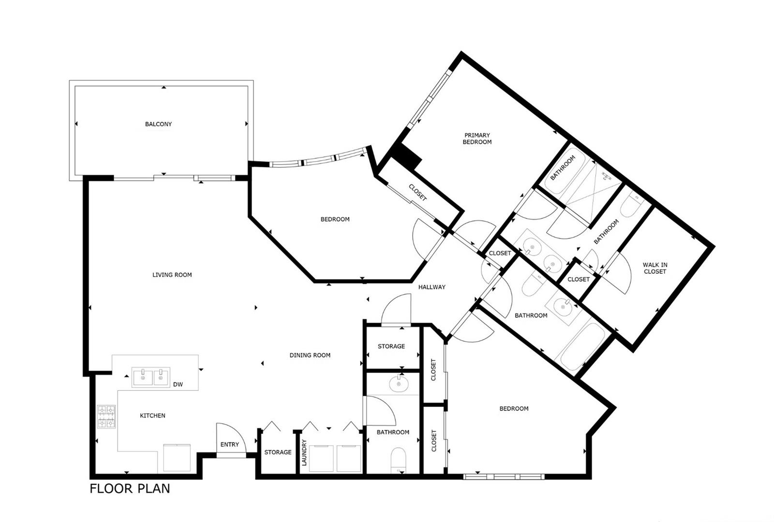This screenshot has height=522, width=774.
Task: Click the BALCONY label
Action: tap(158, 124)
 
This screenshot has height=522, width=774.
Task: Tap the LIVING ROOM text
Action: tap(172, 275)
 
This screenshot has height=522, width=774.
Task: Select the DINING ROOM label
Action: tap(310, 355)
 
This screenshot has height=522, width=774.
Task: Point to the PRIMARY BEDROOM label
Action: tap(477, 138)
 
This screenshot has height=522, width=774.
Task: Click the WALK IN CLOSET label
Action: tap(655, 268)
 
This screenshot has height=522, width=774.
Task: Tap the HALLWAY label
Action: tap(432, 287)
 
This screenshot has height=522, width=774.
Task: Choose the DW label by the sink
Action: tap(178, 385)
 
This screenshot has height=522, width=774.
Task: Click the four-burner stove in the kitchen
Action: tap(106, 417)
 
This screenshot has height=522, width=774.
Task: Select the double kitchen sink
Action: tap(151, 377)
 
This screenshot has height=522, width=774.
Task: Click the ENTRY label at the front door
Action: tap(229, 445)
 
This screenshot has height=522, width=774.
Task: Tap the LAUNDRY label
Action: tap(304, 452)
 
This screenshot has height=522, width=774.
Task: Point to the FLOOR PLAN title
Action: tap(130, 489)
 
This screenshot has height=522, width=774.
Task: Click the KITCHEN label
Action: tap(152, 416)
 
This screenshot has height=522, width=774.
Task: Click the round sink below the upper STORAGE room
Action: tap(399, 384)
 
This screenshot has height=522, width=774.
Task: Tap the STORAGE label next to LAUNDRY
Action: tap(278, 452)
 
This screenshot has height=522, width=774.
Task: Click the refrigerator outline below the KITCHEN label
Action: tap(177, 458)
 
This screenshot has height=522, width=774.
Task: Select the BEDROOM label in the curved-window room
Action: tap(335, 219)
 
